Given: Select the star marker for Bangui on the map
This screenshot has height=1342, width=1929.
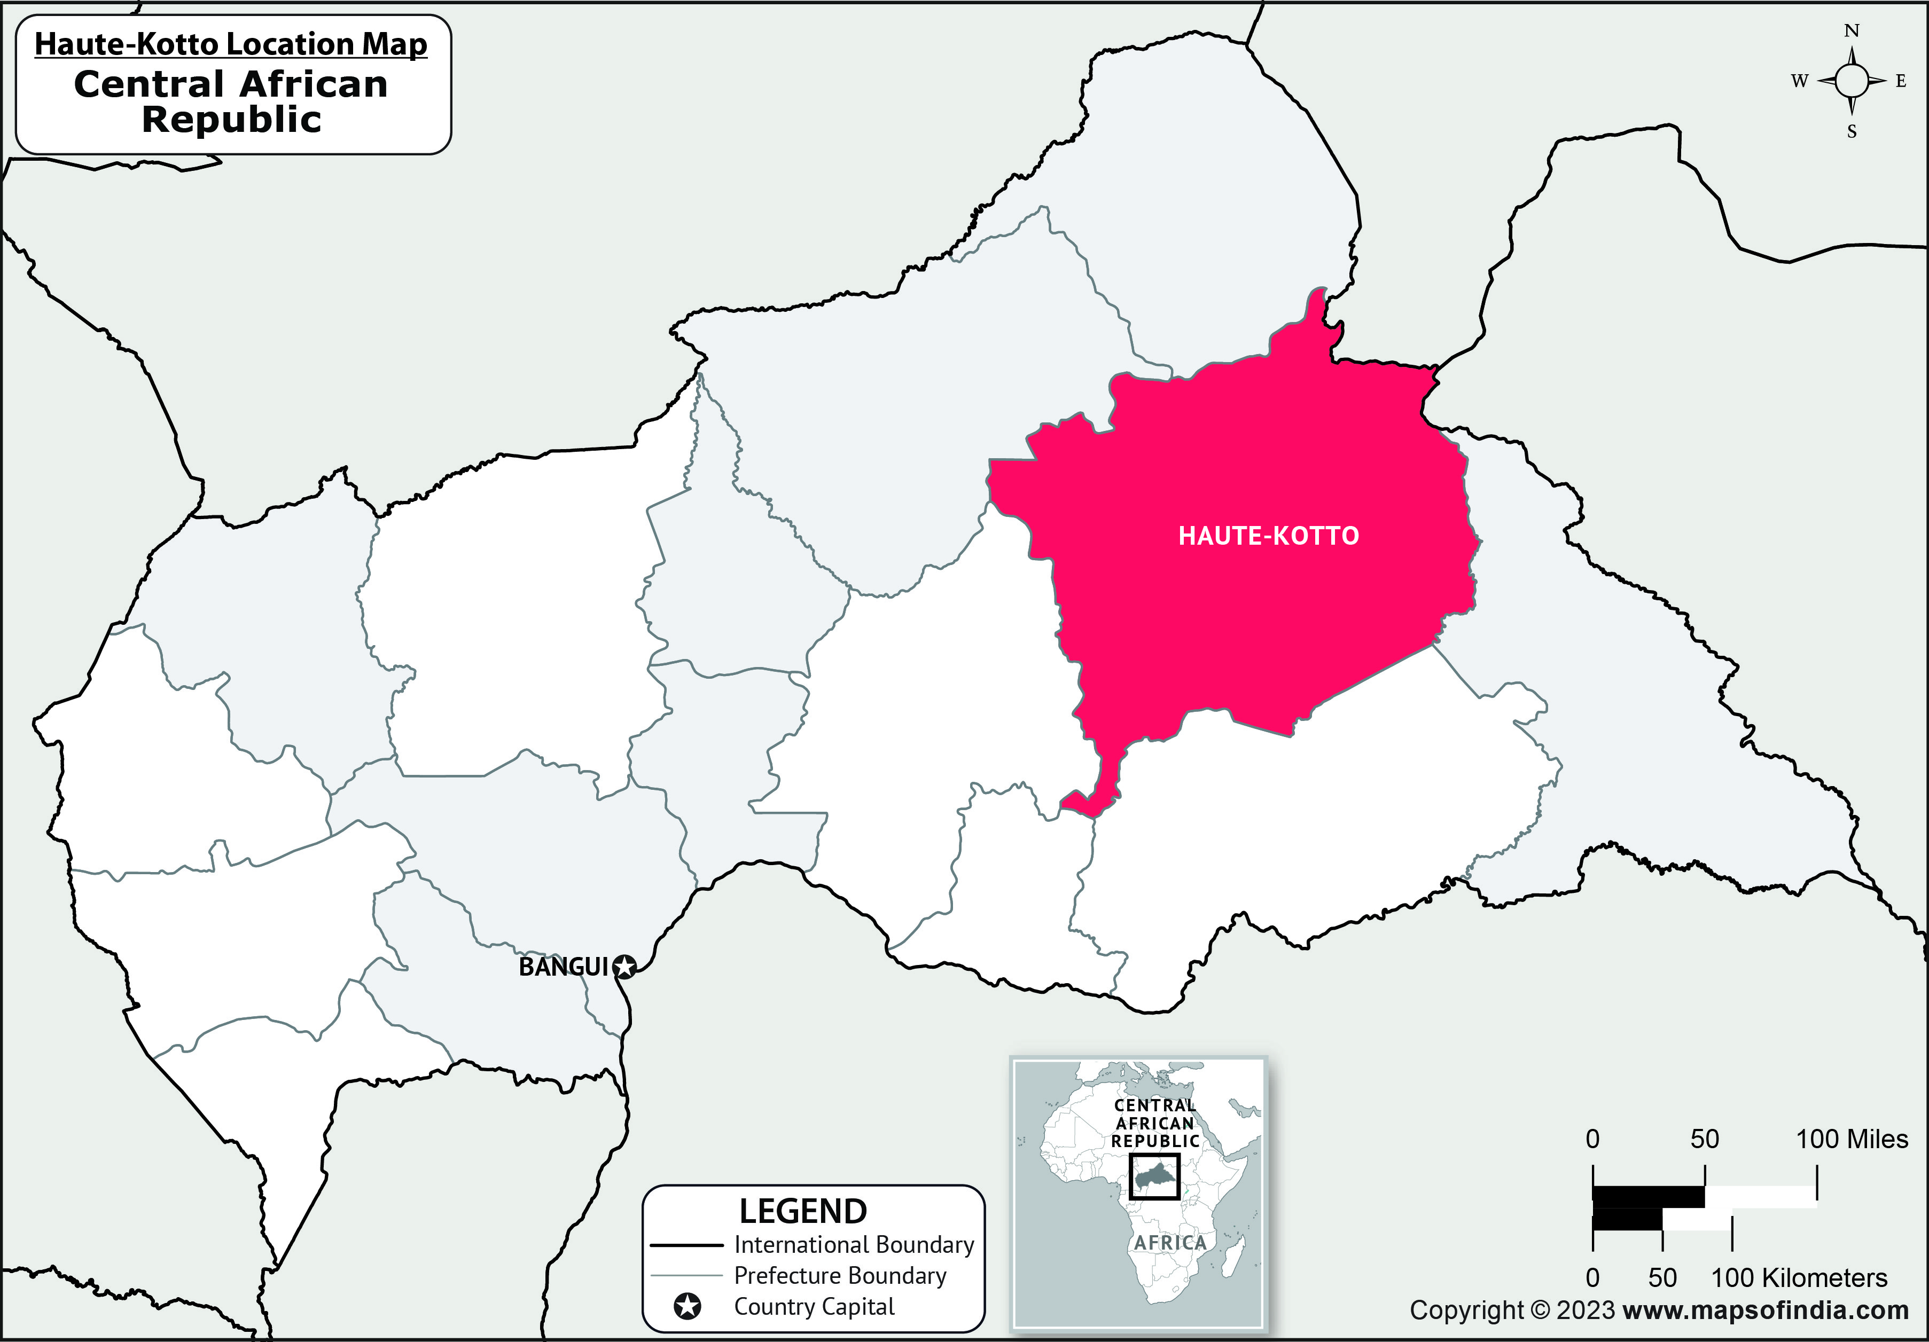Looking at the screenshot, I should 624,968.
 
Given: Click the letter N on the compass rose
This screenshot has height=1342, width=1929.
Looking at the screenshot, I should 1852,31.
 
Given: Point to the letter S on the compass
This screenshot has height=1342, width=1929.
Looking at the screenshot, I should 1852,132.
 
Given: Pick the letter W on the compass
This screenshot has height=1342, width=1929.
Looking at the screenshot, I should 1799,82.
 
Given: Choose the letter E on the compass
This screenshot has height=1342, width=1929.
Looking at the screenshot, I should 1901,82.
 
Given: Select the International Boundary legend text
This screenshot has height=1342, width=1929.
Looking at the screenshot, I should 854,1245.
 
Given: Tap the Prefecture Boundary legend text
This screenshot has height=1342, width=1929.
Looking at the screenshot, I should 840,1276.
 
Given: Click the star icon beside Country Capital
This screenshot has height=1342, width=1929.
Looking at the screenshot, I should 687,1307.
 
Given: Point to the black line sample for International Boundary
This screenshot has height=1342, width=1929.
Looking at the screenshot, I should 686,1245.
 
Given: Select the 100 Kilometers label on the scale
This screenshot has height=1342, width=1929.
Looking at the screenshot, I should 1799,1277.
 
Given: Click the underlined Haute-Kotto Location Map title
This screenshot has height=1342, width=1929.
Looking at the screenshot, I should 231,44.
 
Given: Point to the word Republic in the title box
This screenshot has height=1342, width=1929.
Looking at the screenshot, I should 232,119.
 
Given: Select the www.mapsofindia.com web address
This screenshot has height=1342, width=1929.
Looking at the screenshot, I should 1766,1310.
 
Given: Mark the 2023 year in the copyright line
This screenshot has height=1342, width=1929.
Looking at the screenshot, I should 1586,1310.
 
